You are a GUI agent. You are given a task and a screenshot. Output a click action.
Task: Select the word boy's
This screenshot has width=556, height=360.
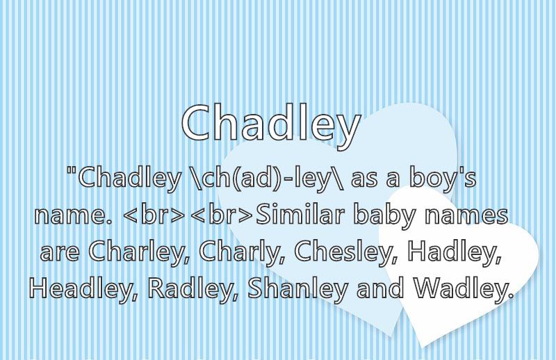click(x=443, y=179)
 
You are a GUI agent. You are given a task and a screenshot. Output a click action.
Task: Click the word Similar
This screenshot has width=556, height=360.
click(x=300, y=214)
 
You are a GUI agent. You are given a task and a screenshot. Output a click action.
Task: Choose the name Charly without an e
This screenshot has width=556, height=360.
click(x=245, y=253)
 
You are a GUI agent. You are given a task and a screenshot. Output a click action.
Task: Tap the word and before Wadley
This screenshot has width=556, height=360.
click(x=380, y=287)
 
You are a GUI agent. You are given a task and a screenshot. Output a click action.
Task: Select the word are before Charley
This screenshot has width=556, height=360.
click(x=60, y=253)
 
